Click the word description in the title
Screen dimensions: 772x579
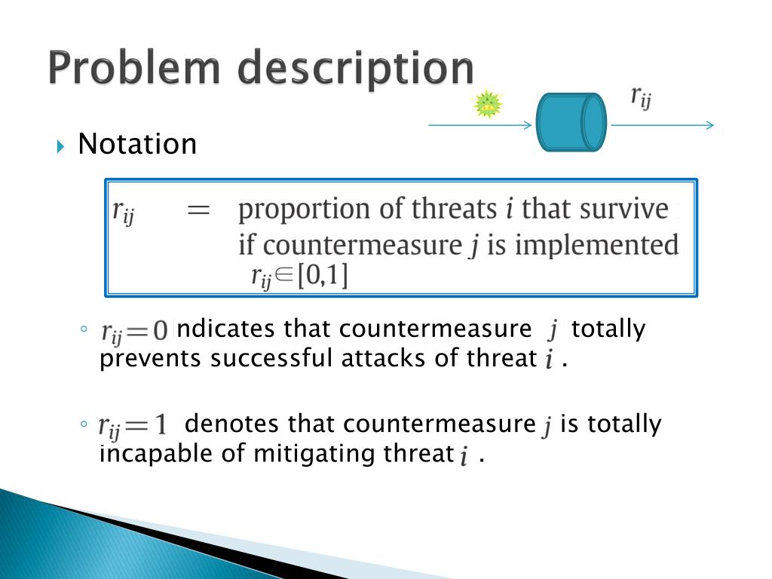tap(356, 69)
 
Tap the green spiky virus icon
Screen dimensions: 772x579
tap(488, 104)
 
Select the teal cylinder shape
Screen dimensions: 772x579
tap(571, 122)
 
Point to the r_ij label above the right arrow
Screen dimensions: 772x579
tap(641, 97)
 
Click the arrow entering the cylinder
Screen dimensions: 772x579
tap(480, 125)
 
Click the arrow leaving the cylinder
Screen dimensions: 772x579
tap(662, 125)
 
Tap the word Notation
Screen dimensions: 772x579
tap(137, 144)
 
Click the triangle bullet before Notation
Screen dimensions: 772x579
tap(60, 146)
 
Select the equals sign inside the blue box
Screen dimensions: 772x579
tap(198, 211)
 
